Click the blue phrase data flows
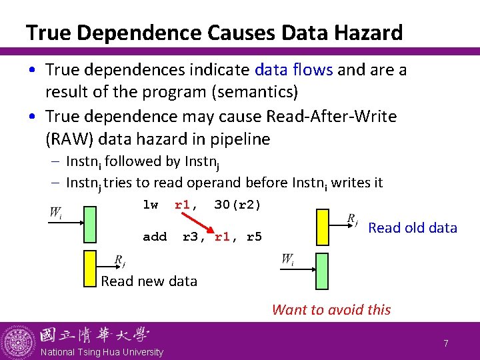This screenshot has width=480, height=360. click(295, 69)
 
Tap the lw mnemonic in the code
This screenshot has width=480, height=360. click(151, 205)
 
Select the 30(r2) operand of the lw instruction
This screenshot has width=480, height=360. click(237, 205)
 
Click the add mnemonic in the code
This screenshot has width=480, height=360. click(155, 237)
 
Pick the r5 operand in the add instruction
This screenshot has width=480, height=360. click(254, 237)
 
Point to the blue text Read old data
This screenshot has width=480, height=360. click(413, 228)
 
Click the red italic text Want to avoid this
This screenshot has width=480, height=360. click(331, 309)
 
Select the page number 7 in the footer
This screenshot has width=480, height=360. click(446, 343)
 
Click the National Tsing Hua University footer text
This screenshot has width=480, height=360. click(101, 352)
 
